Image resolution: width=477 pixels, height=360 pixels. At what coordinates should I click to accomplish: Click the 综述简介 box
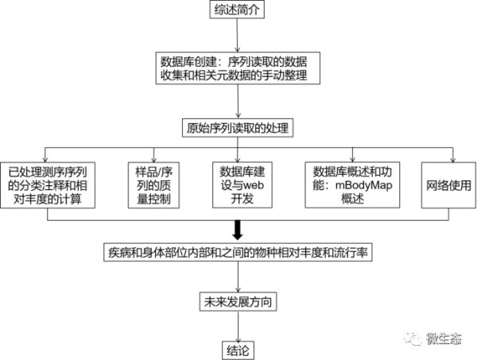coord(238,10)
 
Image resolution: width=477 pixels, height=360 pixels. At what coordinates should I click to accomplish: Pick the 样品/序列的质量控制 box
coord(155,186)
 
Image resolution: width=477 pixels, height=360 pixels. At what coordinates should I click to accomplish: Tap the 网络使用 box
coord(450,186)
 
